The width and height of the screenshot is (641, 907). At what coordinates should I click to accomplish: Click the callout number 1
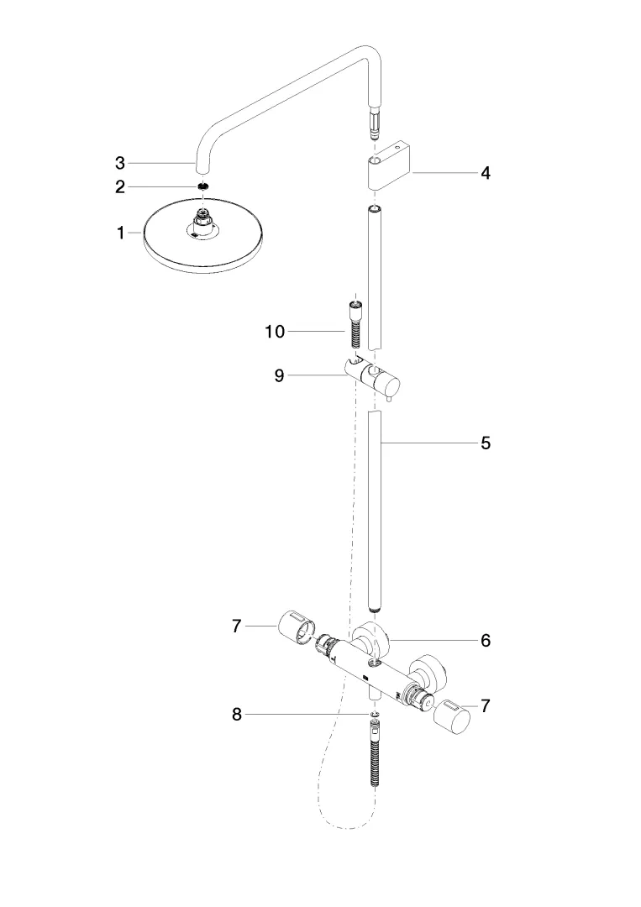click(121, 233)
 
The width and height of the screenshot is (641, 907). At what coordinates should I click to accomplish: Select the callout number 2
click(121, 186)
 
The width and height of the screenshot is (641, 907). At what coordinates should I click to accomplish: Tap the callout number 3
click(121, 161)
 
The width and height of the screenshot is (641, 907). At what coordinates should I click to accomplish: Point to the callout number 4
click(486, 173)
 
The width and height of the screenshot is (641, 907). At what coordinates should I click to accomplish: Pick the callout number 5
click(486, 443)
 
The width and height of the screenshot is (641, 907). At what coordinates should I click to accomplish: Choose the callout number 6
click(486, 640)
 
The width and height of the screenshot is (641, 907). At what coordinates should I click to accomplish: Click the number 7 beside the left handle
click(238, 626)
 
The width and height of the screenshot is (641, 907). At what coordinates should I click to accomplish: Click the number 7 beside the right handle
click(486, 706)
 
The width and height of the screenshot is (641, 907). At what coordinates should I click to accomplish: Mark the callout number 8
click(238, 715)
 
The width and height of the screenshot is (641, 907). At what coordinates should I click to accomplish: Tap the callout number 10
click(275, 332)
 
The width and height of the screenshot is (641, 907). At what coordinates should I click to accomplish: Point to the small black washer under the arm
click(202, 186)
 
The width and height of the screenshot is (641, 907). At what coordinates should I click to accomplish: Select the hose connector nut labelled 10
click(358, 323)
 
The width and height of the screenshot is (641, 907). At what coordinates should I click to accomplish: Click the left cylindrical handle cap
click(295, 626)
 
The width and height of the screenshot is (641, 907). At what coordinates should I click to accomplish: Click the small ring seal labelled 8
click(374, 715)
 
